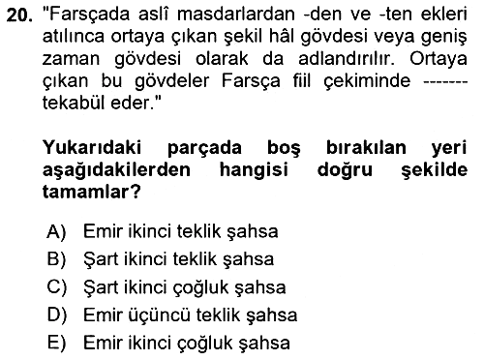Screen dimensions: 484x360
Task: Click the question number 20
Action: coord(19,15)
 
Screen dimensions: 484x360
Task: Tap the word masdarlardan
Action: coord(236,15)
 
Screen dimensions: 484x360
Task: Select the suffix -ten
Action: coord(394,15)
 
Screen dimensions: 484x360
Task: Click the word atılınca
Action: coord(74,37)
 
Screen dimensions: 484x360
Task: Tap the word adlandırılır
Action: coord(347,59)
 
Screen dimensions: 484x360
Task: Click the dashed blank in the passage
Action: coord(445,82)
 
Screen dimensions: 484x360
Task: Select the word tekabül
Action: coord(74,103)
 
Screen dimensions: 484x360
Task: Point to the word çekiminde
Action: coord(367,81)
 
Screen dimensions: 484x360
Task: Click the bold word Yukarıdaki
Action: coord(92,147)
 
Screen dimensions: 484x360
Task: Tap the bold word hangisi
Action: coord(254,170)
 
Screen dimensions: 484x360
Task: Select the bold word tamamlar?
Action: coord(92,192)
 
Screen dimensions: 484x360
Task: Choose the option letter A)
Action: coord(56,231)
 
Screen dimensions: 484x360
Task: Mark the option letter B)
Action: coord(56,259)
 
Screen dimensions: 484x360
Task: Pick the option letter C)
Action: coord(57,287)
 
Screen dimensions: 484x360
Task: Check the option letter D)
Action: coord(57,315)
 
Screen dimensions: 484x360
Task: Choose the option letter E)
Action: coord(56,343)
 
